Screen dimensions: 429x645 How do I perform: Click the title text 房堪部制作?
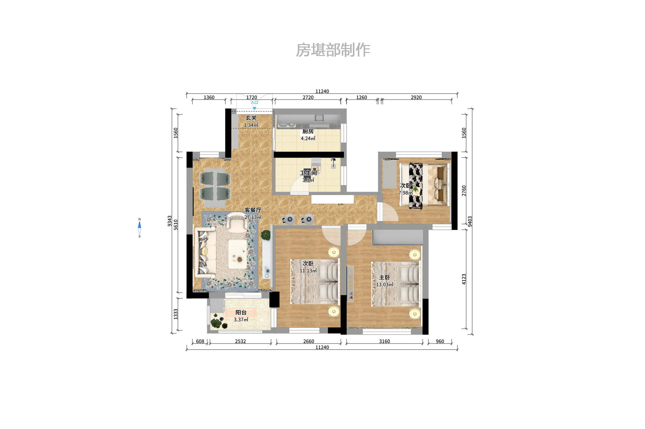tap(333, 50)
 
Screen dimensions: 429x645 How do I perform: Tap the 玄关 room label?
tap(251, 118)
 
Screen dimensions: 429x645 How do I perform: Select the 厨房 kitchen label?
tap(308, 131)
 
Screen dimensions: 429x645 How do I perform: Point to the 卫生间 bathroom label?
tap(308, 173)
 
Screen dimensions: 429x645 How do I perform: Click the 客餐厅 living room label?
tap(253, 210)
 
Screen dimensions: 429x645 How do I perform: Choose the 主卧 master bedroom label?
tap(384, 277)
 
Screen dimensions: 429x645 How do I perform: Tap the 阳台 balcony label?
tap(241, 312)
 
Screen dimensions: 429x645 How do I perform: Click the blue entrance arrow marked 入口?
tap(254, 108)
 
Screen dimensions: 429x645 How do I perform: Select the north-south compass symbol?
tap(139, 228)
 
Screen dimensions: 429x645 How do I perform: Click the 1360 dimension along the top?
tap(209, 98)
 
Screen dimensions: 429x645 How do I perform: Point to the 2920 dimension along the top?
tap(416, 98)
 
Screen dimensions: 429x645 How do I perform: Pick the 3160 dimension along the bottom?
tap(384, 341)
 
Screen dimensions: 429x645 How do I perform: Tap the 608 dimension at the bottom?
tap(200, 341)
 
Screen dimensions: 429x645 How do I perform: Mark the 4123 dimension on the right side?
tap(464, 279)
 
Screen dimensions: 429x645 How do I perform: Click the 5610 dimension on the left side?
tap(176, 225)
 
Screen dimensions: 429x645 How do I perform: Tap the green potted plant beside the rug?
tap(266, 235)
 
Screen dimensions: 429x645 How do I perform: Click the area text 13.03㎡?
tap(384, 285)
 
